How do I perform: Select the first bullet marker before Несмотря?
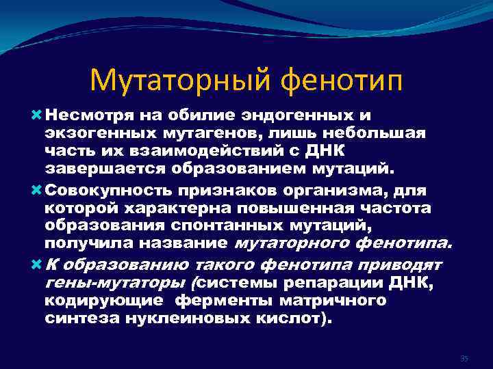tap(36, 115)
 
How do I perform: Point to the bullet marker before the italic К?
tap(36, 264)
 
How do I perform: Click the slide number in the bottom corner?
tap(464, 358)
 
